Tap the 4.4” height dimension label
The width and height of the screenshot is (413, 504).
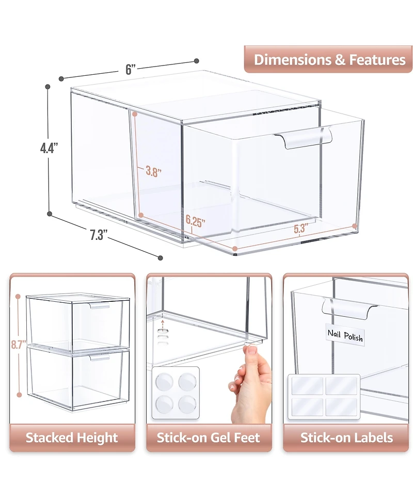point(49,149)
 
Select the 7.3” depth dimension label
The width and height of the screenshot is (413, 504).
point(98,236)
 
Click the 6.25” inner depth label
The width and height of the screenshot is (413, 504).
point(196,223)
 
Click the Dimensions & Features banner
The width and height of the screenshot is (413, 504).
point(329,59)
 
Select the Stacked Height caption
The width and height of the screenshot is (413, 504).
point(72,438)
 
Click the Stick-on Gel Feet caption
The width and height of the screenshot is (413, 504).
point(208,438)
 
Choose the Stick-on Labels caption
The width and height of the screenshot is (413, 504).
point(346,438)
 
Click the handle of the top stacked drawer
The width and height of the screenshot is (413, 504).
point(100,307)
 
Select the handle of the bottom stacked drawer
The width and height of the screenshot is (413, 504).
point(100,357)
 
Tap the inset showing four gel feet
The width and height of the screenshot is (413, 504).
point(176,393)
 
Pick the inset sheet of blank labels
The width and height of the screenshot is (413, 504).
point(324,395)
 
